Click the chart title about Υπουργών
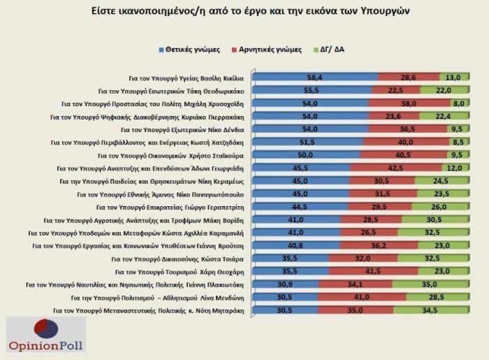[x=245, y=12]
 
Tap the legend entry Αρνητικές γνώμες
[x=270, y=50]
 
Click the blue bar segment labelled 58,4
[x=314, y=78]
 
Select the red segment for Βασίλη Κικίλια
[x=409, y=78]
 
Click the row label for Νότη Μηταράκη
[x=149, y=310]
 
